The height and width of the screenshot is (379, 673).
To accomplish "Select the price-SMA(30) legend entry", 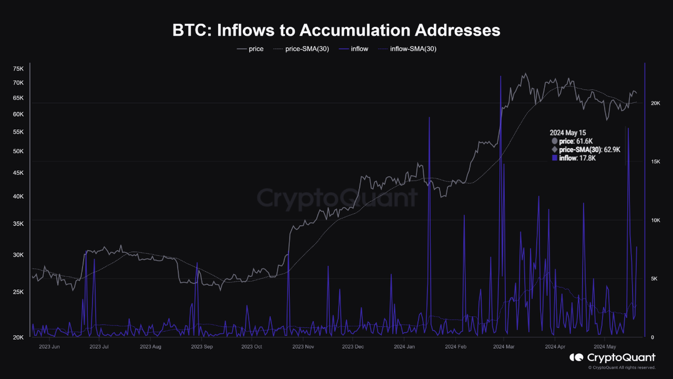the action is coord(301,49).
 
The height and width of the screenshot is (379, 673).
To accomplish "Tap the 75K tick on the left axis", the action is coord(18,69).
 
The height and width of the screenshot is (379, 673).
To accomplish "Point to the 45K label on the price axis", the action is coord(18,173).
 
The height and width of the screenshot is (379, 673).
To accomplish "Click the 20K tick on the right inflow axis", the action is coord(656,103).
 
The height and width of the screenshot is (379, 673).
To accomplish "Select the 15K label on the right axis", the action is coord(656,162).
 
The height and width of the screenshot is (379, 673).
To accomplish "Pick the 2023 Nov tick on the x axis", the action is coord(303,346).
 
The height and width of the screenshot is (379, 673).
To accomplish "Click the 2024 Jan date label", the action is coord(404,346).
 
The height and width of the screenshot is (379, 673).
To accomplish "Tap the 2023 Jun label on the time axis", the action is coord(49,346).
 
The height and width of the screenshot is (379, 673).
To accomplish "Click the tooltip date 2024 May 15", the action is coord(568,133).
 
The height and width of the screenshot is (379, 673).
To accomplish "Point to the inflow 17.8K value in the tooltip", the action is coord(577,158).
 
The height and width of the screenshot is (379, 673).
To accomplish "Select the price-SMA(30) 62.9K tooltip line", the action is coord(589,149).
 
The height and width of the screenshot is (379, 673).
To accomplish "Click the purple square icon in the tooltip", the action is coord(555,158).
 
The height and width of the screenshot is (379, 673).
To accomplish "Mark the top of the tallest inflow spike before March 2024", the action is coord(500,76).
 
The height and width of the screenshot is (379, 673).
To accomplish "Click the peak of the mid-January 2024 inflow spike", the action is coord(430,117).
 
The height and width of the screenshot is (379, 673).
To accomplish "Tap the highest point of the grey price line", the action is coord(526,73).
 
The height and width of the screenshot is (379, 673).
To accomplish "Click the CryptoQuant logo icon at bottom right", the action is coord(577,357).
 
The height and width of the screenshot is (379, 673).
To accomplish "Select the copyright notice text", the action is coord(621,368).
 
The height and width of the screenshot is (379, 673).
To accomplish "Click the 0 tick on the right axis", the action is coord(652,337).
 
